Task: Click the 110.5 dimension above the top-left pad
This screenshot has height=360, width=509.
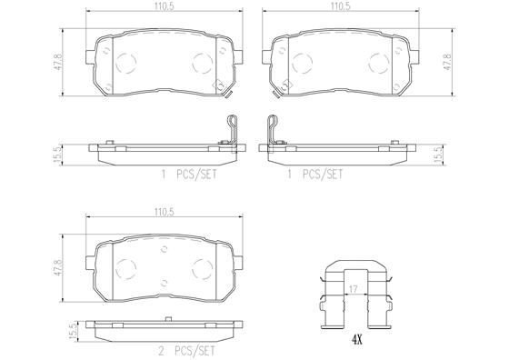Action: click(165, 6)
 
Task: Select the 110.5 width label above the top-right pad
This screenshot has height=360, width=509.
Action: click(341, 6)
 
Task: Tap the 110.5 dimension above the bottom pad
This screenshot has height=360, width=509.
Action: click(165, 213)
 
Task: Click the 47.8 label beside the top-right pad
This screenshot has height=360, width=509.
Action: click(447, 62)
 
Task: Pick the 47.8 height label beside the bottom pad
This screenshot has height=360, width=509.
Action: click(58, 267)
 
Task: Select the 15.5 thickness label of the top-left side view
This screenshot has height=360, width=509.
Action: click(58, 155)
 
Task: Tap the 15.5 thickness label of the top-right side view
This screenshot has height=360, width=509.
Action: click(439, 155)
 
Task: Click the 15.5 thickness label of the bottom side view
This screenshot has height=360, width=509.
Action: click(74, 331)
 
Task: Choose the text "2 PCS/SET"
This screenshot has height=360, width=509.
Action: click(186, 351)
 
